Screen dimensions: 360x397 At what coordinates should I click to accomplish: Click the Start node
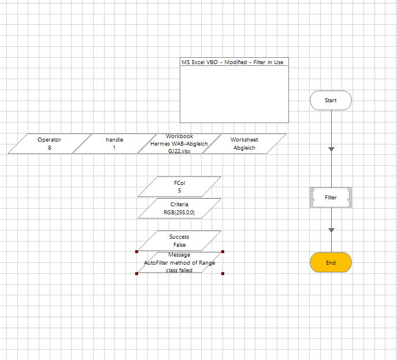coord(331,100)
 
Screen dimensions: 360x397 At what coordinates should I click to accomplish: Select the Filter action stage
coord(331,198)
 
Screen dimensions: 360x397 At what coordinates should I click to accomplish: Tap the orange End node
coord(331,262)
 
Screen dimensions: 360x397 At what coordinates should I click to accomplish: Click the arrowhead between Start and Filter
coord(331,149)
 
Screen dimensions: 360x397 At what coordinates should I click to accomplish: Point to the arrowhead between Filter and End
coord(331,230)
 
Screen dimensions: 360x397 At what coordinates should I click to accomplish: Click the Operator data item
coord(49,143)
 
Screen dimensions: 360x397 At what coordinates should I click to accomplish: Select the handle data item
coord(114,143)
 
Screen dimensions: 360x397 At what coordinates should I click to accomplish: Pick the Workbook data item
coord(179,143)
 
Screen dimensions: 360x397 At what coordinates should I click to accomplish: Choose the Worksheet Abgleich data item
coord(244,143)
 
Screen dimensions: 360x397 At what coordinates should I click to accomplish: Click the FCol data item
coord(179,186)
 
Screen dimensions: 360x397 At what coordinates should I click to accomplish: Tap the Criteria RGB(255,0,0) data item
coord(179,209)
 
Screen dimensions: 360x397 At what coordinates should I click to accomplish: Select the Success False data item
coord(179,240)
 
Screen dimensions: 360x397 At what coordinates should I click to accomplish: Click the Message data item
coord(179,262)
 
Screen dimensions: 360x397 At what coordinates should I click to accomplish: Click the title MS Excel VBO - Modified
coord(234,62)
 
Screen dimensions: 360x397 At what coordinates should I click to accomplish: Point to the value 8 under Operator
coord(49,148)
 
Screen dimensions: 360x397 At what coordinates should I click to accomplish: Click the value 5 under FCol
coord(179,190)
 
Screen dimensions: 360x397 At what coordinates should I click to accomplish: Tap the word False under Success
coord(179,245)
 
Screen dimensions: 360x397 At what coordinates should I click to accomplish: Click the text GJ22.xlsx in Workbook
coord(179,151)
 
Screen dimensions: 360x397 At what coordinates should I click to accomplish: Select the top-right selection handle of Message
coord(222,251)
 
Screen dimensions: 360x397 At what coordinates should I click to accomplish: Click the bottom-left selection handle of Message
coord(136,273)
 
